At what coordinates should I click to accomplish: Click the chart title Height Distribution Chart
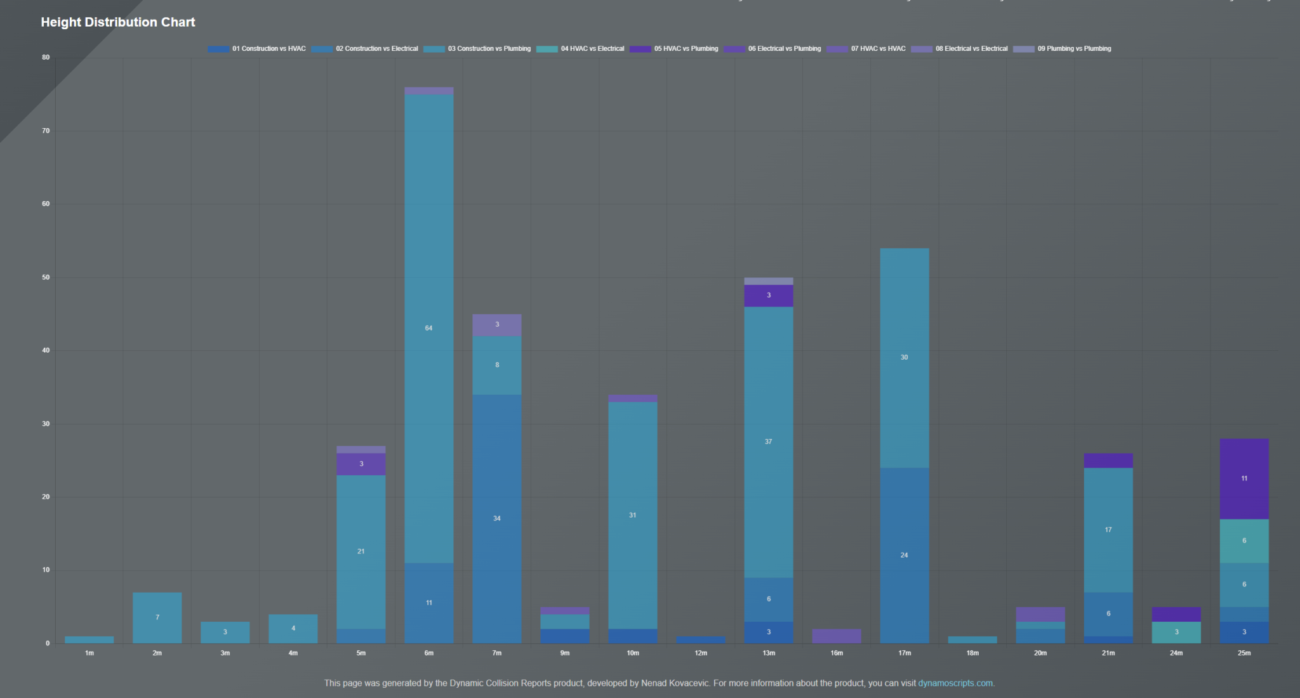click(118, 22)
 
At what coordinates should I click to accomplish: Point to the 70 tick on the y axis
click(46, 131)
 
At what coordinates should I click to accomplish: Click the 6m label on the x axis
click(429, 653)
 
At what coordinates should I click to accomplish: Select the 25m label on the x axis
click(1244, 653)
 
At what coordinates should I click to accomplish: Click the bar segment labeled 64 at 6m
click(429, 328)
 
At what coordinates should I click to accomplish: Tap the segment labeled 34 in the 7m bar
click(497, 518)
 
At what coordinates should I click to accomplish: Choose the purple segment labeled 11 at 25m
click(1244, 478)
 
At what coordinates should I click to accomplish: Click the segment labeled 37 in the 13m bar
click(769, 442)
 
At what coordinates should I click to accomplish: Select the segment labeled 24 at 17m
click(905, 555)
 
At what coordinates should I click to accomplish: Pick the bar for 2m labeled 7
click(157, 617)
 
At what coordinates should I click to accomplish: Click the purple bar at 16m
click(837, 636)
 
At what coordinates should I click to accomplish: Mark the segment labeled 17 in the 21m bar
click(1108, 530)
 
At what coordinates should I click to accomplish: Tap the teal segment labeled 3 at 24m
click(1176, 632)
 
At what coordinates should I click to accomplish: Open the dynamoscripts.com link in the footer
click(955, 683)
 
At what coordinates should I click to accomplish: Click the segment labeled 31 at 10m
click(633, 515)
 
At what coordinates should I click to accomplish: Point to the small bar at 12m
click(701, 640)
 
